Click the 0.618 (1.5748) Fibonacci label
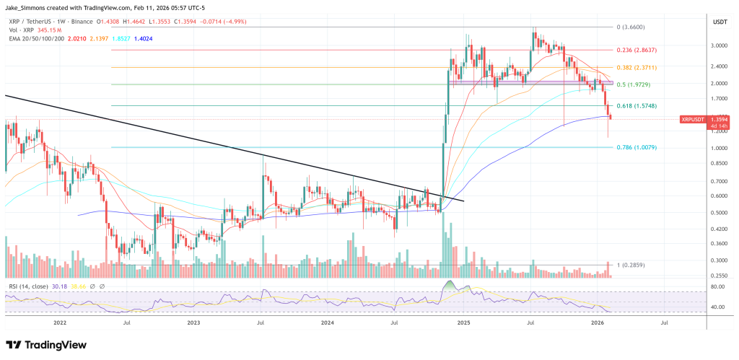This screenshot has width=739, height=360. [x=637, y=106]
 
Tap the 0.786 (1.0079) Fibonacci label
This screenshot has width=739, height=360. [x=637, y=147]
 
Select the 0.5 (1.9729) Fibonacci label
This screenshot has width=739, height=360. [x=635, y=84]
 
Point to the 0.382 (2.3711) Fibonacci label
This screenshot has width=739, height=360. [x=637, y=67]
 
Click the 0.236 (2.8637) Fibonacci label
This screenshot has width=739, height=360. [x=637, y=50]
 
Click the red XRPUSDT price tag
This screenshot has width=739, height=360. [x=694, y=119]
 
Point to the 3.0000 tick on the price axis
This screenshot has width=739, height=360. [x=718, y=45]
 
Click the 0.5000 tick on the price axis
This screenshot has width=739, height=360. [x=718, y=213]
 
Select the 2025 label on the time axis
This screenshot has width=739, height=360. [x=462, y=324]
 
